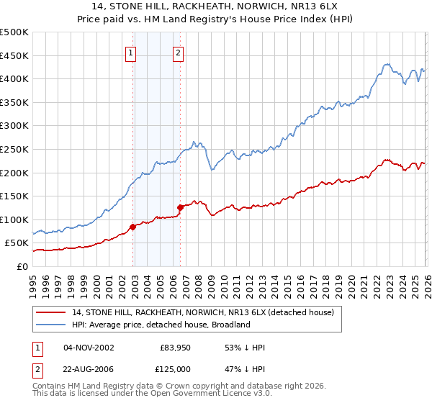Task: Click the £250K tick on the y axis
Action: [14, 149]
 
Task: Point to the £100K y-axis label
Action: [14, 219]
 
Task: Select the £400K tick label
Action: [14, 79]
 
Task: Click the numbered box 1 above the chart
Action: [130, 52]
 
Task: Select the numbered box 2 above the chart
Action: [178, 52]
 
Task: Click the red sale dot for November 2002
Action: [132, 227]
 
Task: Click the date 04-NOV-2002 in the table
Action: [89, 348]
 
